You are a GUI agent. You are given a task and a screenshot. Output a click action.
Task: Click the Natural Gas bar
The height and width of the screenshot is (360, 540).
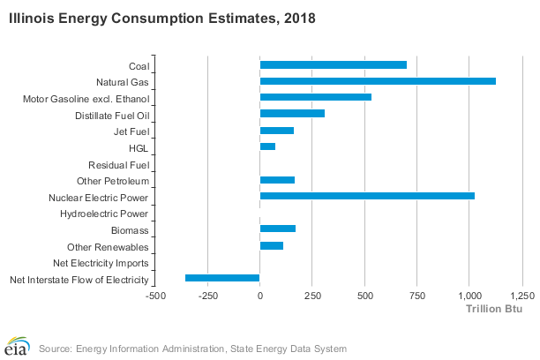point(378,80)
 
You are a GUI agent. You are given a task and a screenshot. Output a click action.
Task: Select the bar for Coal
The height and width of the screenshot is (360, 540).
point(334,64)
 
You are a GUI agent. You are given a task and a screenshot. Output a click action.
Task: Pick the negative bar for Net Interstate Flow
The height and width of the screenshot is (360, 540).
point(222,278)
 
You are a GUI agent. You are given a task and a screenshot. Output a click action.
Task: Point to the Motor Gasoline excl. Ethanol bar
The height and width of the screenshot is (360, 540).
point(316,97)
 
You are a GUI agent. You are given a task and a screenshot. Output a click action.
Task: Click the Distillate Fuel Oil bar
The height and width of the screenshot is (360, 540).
point(292,114)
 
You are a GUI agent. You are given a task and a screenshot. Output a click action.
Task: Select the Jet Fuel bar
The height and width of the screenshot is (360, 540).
point(277,131)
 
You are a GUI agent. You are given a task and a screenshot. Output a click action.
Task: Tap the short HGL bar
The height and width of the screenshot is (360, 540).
point(267,146)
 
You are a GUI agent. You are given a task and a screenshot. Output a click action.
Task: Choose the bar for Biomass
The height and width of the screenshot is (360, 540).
point(278,229)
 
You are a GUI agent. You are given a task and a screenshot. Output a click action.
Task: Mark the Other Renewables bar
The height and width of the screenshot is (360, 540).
point(272,245)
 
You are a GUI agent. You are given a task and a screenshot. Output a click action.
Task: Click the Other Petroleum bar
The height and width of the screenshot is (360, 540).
point(277,180)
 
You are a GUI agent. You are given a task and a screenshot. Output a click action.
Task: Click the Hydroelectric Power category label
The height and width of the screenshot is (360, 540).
point(104,214)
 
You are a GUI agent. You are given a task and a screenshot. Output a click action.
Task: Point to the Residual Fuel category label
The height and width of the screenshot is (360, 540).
point(118,165)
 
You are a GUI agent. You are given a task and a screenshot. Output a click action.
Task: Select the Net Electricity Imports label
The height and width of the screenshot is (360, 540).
point(101,263)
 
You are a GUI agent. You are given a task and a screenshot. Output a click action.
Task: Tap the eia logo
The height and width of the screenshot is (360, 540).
point(17,346)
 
